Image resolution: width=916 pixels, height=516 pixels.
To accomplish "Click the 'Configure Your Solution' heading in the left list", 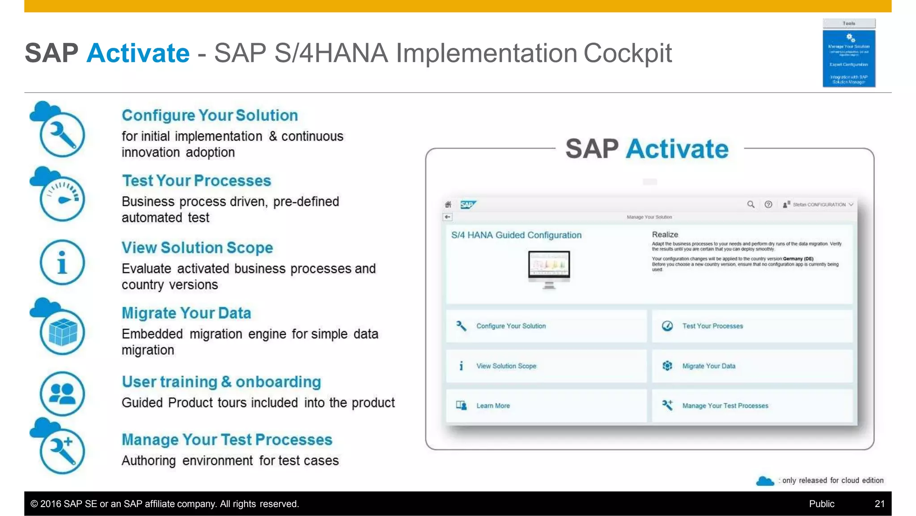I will [x=210, y=115].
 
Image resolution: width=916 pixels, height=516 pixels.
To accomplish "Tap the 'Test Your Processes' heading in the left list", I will [x=196, y=181].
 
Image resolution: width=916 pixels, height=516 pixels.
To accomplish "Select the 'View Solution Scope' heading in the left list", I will [x=197, y=248].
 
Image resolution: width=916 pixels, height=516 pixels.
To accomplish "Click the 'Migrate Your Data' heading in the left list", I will [x=186, y=313].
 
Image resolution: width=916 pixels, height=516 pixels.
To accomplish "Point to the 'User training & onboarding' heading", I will [x=221, y=382].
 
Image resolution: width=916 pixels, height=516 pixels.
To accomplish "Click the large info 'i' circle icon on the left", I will [x=62, y=262].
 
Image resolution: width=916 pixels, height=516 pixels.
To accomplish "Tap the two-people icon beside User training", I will [x=62, y=393].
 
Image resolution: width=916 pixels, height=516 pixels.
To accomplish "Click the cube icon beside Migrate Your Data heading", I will [x=62, y=332].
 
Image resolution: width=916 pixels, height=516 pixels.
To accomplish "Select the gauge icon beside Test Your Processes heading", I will [x=62, y=198].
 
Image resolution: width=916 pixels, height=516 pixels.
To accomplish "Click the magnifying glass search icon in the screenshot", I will [x=751, y=205].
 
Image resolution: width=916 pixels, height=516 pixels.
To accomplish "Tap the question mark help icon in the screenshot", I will [x=768, y=205].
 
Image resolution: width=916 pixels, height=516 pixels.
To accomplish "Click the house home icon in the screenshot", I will [x=448, y=205].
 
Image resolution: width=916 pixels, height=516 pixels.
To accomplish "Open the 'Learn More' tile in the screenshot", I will [x=492, y=406].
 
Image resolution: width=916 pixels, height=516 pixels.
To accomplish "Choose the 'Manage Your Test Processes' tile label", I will [x=725, y=406].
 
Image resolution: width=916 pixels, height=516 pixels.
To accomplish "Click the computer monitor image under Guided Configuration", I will [x=549, y=269].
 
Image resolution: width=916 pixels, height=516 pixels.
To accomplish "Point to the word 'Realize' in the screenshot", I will [x=665, y=235].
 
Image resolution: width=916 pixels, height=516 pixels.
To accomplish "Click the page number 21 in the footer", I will [x=879, y=504].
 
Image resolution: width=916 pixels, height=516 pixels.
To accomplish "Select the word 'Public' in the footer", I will [x=821, y=504].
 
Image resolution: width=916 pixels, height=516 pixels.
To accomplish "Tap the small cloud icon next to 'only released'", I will [x=765, y=481].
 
